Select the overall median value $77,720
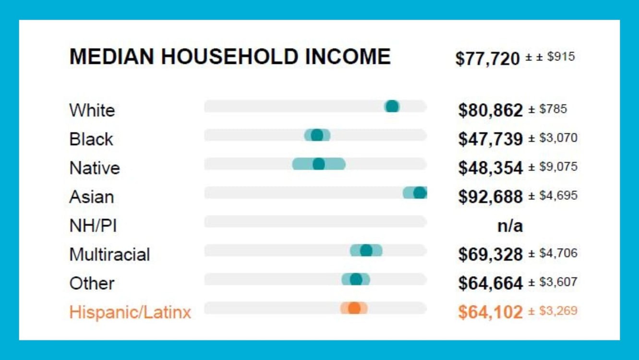pos(487,59)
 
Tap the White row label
pos(92,110)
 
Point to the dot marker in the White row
pos(392,107)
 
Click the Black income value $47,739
pos(490,139)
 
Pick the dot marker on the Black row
pos(317,135)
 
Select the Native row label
pos(95,168)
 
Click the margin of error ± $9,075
pos(553,167)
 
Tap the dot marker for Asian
pos(420,193)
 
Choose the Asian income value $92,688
pos(490,197)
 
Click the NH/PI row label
pos(93,226)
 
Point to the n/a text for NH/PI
pos(510,226)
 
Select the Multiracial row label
pos(109,254)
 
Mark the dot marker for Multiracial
pos(366,251)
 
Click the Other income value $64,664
pos(490,283)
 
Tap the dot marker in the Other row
pos(356,279)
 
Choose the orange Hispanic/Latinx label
pos(130,312)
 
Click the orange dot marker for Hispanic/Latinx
pos(354,308)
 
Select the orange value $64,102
pos(490,312)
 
